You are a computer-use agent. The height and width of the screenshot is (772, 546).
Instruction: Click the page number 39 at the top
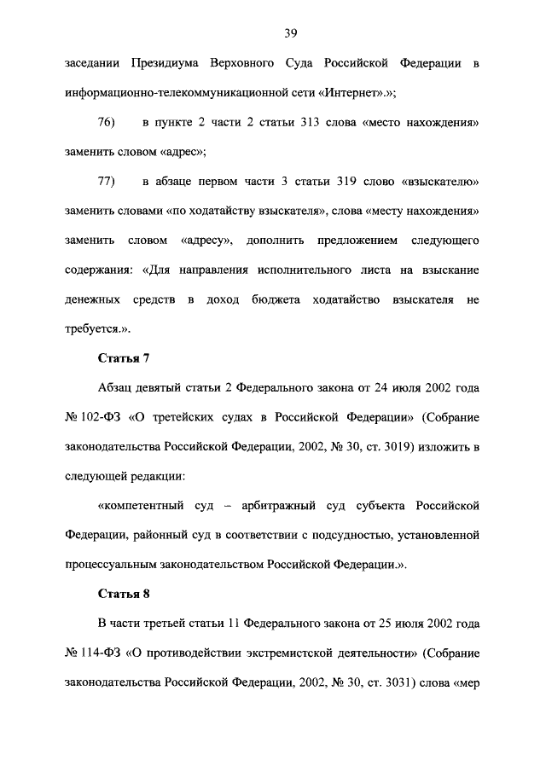tap(290, 33)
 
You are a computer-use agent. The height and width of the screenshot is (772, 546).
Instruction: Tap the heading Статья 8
tap(125, 595)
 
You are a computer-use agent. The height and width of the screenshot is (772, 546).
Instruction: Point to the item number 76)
tap(107, 123)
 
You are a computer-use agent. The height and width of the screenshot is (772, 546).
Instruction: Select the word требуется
tap(92, 329)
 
